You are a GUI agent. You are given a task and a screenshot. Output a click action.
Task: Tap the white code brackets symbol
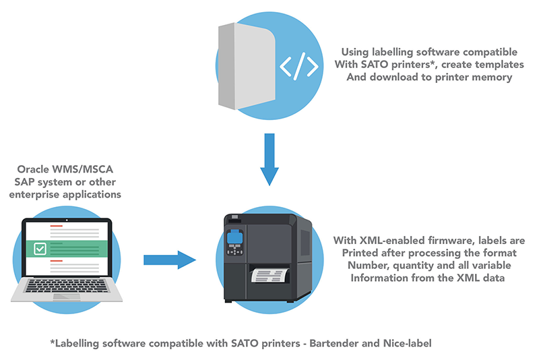tap(299, 66)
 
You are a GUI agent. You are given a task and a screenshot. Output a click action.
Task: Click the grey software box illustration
tap(247, 66)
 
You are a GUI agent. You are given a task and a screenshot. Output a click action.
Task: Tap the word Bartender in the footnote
tap(313, 344)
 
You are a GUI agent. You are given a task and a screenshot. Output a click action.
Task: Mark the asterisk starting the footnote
tap(53, 342)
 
